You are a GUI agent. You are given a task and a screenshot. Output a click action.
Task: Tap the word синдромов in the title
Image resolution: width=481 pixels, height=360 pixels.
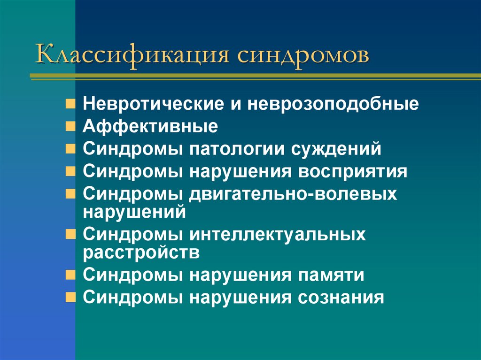pyautogui.click(x=303, y=54)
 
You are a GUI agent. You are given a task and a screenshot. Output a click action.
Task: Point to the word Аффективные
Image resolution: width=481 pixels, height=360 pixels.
pyautogui.click(x=151, y=126)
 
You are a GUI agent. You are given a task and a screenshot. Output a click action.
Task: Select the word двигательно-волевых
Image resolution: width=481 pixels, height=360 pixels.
pyautogui.click(x=294, y=194)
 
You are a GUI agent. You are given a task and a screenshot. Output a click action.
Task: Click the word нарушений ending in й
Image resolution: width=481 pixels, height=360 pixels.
pyautogui.click(x=135, y=212)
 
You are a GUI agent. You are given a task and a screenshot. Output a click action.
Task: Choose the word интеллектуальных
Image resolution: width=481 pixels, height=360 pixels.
pyautogui.click(x=278, y=234)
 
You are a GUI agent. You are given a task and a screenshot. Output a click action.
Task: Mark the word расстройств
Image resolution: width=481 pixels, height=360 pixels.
pyautogui.click(x=142, y=252)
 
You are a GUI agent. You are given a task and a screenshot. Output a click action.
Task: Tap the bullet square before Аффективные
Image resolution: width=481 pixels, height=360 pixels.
pyautogui.click(x=70, y=126)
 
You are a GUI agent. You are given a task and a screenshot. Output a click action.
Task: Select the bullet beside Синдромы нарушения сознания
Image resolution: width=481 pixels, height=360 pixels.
pyautogui.click(x=70, y=297)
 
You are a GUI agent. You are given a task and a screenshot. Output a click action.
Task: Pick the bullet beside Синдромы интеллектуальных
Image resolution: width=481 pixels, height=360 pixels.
pyautogui.click(x=70, y=233)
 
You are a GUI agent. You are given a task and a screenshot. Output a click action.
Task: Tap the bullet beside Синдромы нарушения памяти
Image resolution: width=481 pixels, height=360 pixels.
pyautogui.click(x=70, y=275)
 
